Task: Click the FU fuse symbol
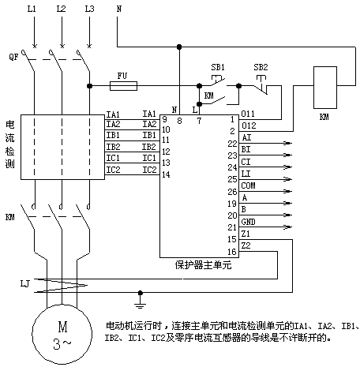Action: click(123, 86)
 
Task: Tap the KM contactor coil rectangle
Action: click(325, 88)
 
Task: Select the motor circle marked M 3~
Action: click(62, 334)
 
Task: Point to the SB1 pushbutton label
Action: click(218, 67)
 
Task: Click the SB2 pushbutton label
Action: click(261, 67)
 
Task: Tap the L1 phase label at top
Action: click(32, 9)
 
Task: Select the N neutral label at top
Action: click(119, 9)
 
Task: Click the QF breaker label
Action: click(13, 57)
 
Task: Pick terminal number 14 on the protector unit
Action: click(166, 174)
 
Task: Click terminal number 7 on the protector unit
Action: click(199, 121)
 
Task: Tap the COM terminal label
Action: click(248, 185)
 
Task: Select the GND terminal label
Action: click(248, 222)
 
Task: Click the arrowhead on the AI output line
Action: click(288, 143)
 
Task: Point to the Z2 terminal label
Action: click(246, 245)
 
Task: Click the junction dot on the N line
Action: click(179, 47)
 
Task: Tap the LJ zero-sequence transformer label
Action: click(25, 283)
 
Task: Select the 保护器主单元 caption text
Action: click(203, 265)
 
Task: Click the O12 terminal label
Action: click(249, 125)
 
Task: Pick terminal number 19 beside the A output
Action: click(232, 204)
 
